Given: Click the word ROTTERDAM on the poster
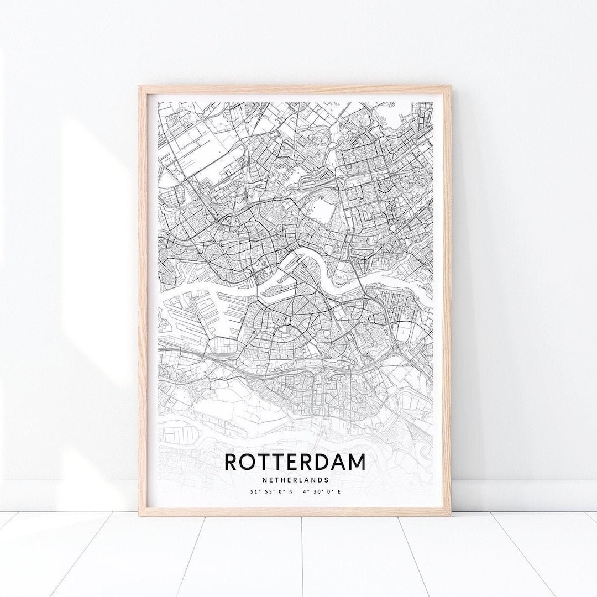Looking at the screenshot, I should (295, 462).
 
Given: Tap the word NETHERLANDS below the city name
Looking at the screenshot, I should (295, 480).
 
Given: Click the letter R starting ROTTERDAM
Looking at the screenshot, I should (231, 462).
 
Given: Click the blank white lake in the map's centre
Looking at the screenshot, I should (320, 211).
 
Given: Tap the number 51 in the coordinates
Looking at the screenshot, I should (252, 491).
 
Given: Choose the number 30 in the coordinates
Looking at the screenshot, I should (320, 491).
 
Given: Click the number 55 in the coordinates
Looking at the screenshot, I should (265, 491).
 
